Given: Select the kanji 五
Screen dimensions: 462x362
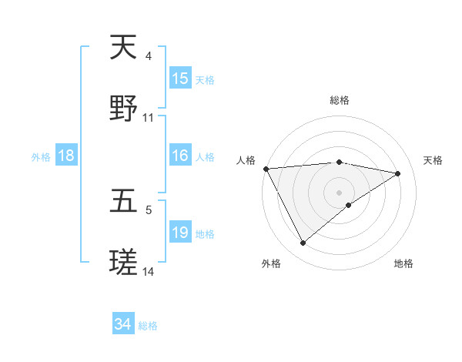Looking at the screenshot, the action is [x=123, y=202].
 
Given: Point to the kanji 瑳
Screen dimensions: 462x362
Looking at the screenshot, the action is [x=123, y=263].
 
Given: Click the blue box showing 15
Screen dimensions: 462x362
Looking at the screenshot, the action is [x=180, y=79].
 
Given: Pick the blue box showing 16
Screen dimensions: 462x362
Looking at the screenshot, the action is [x=180, y=156].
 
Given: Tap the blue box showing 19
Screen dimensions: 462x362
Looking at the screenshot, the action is [x=180, y=233].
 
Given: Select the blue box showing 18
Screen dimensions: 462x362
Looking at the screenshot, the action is [x=66, y=156].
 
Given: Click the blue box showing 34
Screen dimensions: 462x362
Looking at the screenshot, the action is [x=123, y=324].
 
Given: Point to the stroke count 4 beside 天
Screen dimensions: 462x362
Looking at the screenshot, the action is [x=149, y=57].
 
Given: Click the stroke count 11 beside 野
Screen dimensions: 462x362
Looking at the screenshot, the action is [x=149, y=118].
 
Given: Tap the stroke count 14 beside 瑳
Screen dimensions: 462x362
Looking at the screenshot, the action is [x=149, y=272].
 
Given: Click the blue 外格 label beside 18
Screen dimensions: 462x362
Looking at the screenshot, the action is [x=41, y=157].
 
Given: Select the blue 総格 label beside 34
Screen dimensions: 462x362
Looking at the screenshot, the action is [x=148, y=326].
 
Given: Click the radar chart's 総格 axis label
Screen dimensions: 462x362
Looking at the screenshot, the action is [x=340, y=100].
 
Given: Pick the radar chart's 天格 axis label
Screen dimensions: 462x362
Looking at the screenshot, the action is [x=434, y=160].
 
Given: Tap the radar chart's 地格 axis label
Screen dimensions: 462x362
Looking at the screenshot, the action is [x=403, y=263].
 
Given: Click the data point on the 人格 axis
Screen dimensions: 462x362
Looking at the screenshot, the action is [x=266, y=169].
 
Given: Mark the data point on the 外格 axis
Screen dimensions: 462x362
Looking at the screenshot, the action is [x=303, y=243].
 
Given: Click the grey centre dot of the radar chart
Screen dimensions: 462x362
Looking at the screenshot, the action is [x=340, y=192].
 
